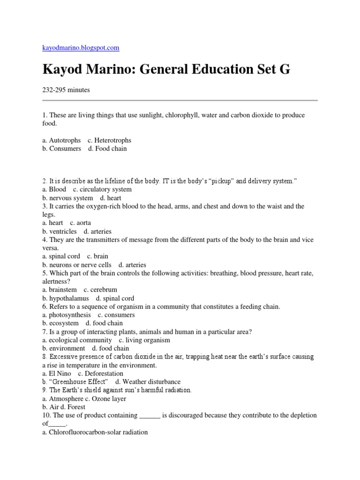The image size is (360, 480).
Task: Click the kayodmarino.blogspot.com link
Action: point(81,47)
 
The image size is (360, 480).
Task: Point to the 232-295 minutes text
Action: point(66,90)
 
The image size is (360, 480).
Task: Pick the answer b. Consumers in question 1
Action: point(61,149)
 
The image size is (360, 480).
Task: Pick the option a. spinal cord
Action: point(61,256)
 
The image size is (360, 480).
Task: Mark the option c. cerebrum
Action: point(100,290)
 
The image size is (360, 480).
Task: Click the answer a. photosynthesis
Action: point(67,315)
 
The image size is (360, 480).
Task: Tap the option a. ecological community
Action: point(77,340)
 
